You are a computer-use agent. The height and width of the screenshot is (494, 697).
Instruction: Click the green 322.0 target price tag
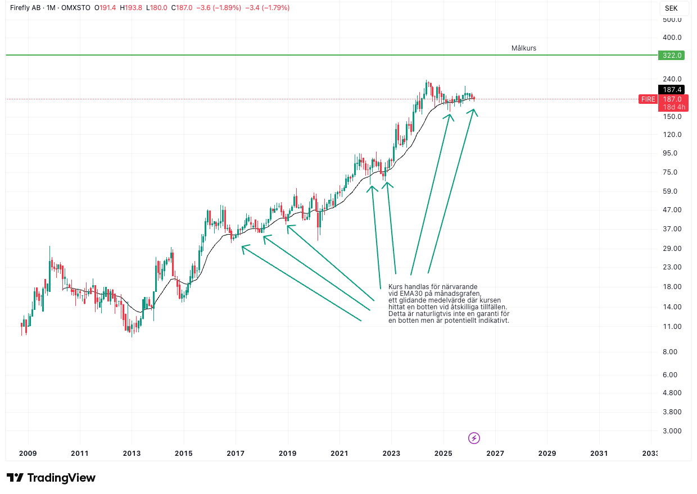672,55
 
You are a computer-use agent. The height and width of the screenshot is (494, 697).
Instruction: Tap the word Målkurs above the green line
524,48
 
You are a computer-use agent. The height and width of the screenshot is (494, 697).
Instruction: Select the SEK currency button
671,8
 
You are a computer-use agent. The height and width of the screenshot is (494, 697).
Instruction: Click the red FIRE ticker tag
648,99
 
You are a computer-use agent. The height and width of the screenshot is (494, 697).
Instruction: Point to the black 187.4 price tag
672,90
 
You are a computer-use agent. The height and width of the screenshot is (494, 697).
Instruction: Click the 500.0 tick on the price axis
672,20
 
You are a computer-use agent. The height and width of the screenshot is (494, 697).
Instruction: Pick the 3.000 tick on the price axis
672,431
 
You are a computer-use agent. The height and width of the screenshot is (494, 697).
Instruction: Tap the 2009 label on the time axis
28,453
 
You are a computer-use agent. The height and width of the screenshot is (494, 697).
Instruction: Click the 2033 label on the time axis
650,453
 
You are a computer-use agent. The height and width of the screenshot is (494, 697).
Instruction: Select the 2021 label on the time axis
340,453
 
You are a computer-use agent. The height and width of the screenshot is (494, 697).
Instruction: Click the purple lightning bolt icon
474,438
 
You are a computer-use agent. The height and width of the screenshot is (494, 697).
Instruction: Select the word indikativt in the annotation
492,321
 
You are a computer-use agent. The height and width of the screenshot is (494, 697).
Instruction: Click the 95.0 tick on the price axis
672,153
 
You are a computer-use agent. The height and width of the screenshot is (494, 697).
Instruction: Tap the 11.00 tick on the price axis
672,327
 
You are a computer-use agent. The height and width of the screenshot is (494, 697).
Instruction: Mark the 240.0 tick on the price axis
672,79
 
